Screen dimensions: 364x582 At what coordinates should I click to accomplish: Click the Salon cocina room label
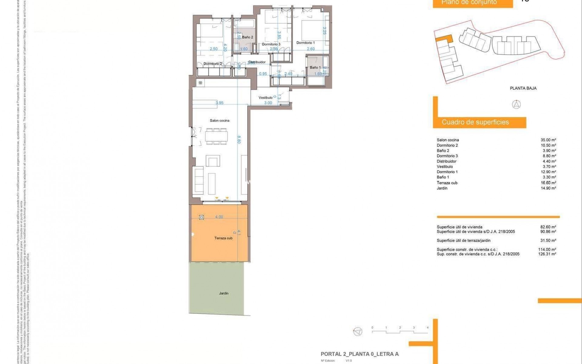[219, 120]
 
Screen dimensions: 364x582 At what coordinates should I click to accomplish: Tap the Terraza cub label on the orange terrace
[223, 238]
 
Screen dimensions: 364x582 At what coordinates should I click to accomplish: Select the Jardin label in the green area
[224, 293]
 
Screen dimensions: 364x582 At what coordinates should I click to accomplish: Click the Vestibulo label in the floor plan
[265, 98]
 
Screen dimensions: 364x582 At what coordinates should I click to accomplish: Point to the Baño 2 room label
[247, 37]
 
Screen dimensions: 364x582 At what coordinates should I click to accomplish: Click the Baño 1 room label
[315, 67]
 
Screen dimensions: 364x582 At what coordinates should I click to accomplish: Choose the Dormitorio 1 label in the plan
[306, 43]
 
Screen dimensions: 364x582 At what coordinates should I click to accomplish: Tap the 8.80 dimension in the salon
[239, 140]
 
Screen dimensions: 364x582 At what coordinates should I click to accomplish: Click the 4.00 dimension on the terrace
[219, 217]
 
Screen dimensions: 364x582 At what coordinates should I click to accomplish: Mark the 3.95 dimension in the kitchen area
[219, 103]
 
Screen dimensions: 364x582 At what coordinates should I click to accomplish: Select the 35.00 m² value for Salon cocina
[548, 140]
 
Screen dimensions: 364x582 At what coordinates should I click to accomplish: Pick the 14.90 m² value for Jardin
[548, 188]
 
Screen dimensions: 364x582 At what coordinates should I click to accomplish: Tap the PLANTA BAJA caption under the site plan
[523, 88]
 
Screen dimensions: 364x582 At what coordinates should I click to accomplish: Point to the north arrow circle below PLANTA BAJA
[516, 105]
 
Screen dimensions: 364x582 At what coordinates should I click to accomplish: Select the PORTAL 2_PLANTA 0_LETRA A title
[360, 354]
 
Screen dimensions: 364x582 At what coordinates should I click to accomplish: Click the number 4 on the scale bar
[427, 328]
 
